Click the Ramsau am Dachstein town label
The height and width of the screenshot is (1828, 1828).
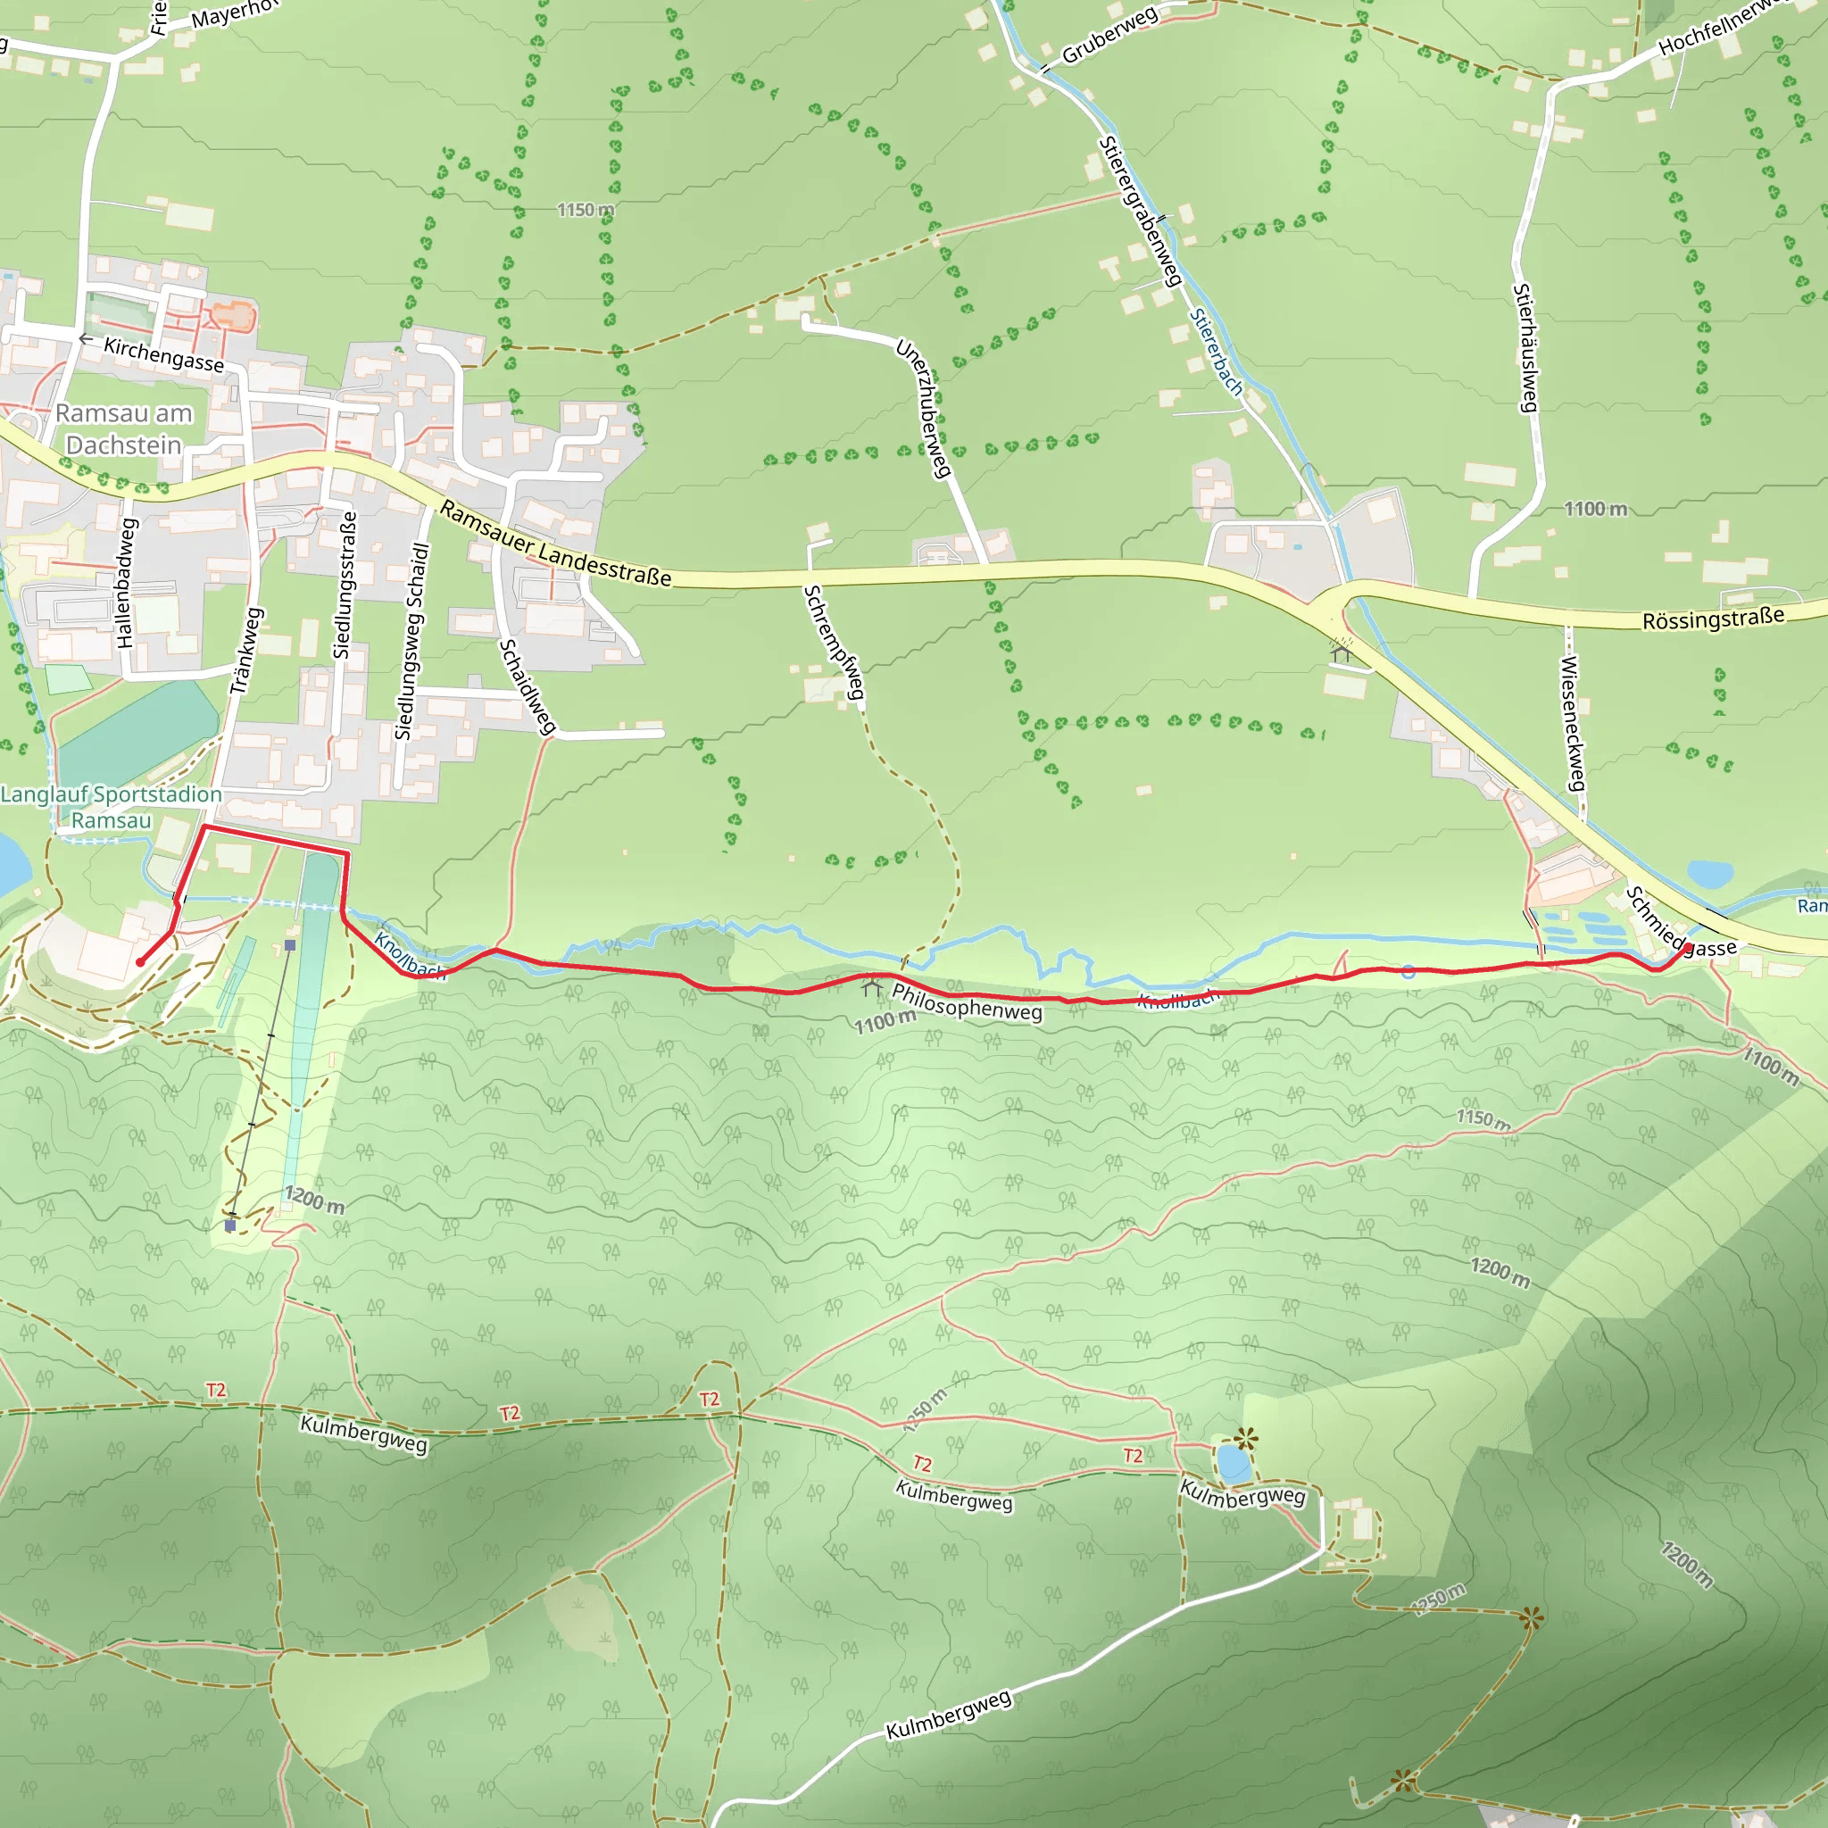click(x=123, y=428)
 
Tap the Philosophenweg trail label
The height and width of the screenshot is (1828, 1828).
click(x=966, y=1002)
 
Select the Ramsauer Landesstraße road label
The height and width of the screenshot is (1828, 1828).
click(x=555, y=544)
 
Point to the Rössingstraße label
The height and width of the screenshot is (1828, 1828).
click(x=1713, y=619)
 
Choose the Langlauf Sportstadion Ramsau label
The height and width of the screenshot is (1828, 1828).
click(x=111, y=807)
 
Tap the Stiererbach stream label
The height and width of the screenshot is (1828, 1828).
click(x=1216, y=352)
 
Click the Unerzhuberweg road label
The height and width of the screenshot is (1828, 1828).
click(x=923, y=408)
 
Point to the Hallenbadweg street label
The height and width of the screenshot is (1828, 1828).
click(x=127, y=583)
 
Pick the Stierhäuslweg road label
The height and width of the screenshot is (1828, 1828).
click(x=1525, y=347)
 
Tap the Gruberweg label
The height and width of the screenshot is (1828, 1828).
click(x=1109, y=36)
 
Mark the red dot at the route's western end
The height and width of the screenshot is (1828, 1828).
click(x=140, y=962)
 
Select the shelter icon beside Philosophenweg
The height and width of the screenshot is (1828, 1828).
click(x=871, y=989)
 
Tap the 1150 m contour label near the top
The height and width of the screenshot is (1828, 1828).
click(x=585, y=210)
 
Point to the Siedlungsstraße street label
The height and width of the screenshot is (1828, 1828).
click(x=345, y=585)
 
